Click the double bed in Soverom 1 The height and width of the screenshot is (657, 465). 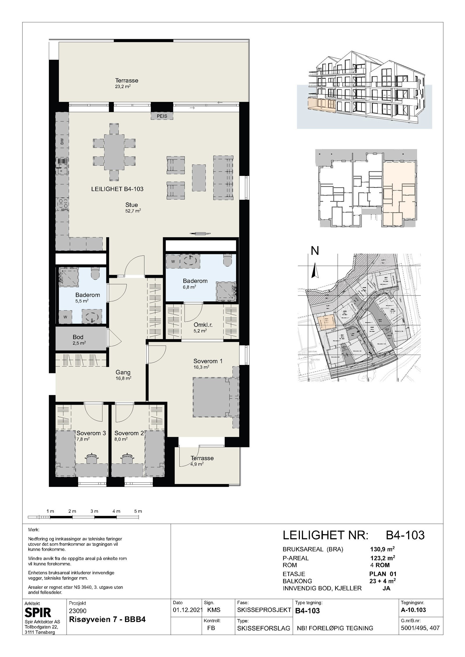pos(212,397)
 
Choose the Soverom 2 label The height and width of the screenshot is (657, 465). pos(129,433)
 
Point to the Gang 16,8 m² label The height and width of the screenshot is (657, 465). pos(123,375)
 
